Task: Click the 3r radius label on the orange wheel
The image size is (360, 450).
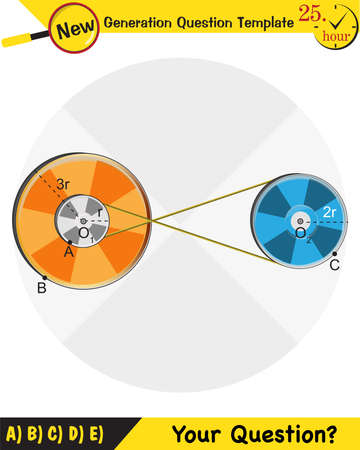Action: click(x=61, y=183)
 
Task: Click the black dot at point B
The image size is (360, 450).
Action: click(x=44, y=277)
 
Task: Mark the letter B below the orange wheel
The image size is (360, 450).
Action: click(x=41, y=289)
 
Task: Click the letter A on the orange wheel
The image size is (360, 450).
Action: click(x=69, y=252)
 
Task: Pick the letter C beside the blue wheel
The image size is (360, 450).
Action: click(x=334, y=266)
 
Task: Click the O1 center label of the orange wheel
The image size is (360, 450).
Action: click(x=85, y=233)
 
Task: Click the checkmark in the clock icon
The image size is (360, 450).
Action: click(x=346, y=18)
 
